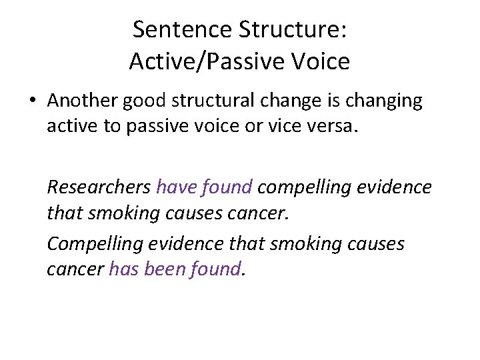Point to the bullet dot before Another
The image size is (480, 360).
pyautogui.click(x=32, y=101)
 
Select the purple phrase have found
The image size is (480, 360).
pyautogui.click(x=204, y=187)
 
